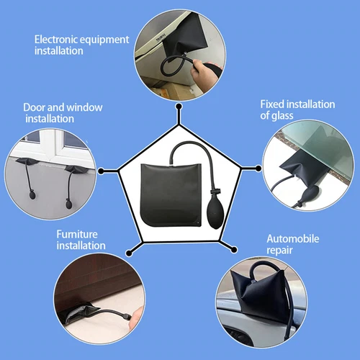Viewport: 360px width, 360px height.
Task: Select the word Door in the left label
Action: [x=35, y=107]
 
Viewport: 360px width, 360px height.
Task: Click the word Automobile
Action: [x=291, y=239]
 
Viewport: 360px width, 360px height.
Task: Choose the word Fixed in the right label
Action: [x=274, y=104]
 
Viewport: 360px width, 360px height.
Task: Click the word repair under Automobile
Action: [x=279, y=250]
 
